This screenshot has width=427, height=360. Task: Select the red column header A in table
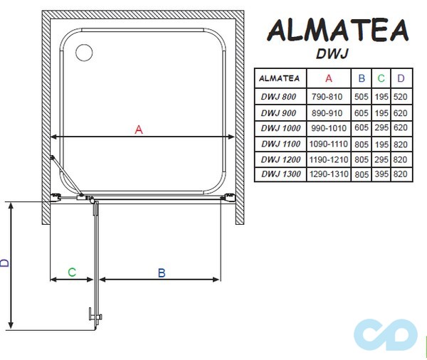tap(328, 78)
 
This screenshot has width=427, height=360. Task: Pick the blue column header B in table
tap(362, 78)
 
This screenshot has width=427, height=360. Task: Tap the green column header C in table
tap(382, 78)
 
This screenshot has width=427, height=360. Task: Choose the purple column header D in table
tap(401, 78)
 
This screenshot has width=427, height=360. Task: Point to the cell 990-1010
tap(328, 127)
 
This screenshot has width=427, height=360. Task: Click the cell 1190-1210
tap(328, 158)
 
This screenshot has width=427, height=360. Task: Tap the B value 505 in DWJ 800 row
tap(362, 96)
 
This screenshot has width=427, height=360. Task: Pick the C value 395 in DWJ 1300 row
tap(382, 174)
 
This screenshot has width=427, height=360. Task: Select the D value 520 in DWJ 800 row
tap(401, 96)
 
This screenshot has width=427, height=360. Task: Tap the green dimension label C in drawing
tap(71, 272)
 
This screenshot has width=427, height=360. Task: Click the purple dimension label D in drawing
tap(6, 263)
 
